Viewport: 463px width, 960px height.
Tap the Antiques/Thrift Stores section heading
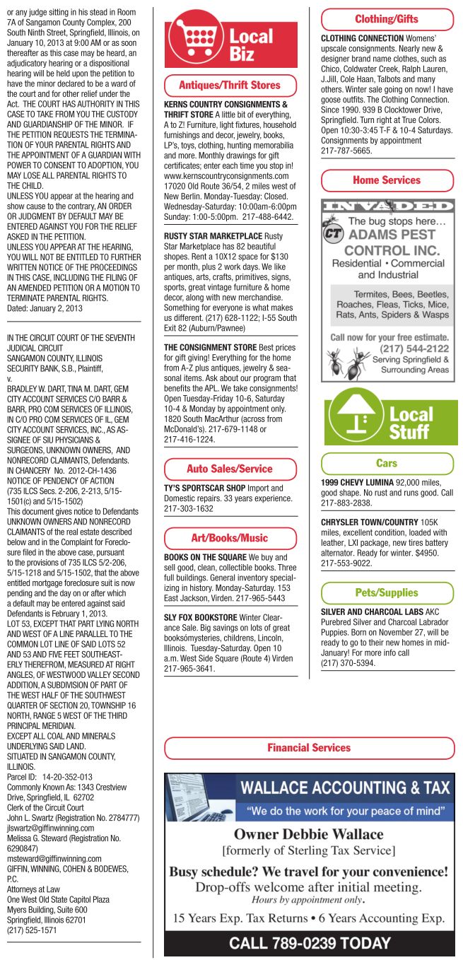pos(229,85)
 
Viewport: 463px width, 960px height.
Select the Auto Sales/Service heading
pos(229,468)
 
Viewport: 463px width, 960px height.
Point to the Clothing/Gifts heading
pos(387,19)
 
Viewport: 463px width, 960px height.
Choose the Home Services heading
pos(387,180)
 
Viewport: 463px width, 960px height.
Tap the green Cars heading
pos(387,463)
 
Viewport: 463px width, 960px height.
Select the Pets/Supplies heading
pos(387,592)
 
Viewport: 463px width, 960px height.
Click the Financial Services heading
pos(310,747)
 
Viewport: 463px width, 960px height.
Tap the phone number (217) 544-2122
pos(414,348)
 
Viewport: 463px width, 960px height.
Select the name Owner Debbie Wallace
pos(309,834)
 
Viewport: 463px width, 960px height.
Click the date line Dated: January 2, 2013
pos(40,308)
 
